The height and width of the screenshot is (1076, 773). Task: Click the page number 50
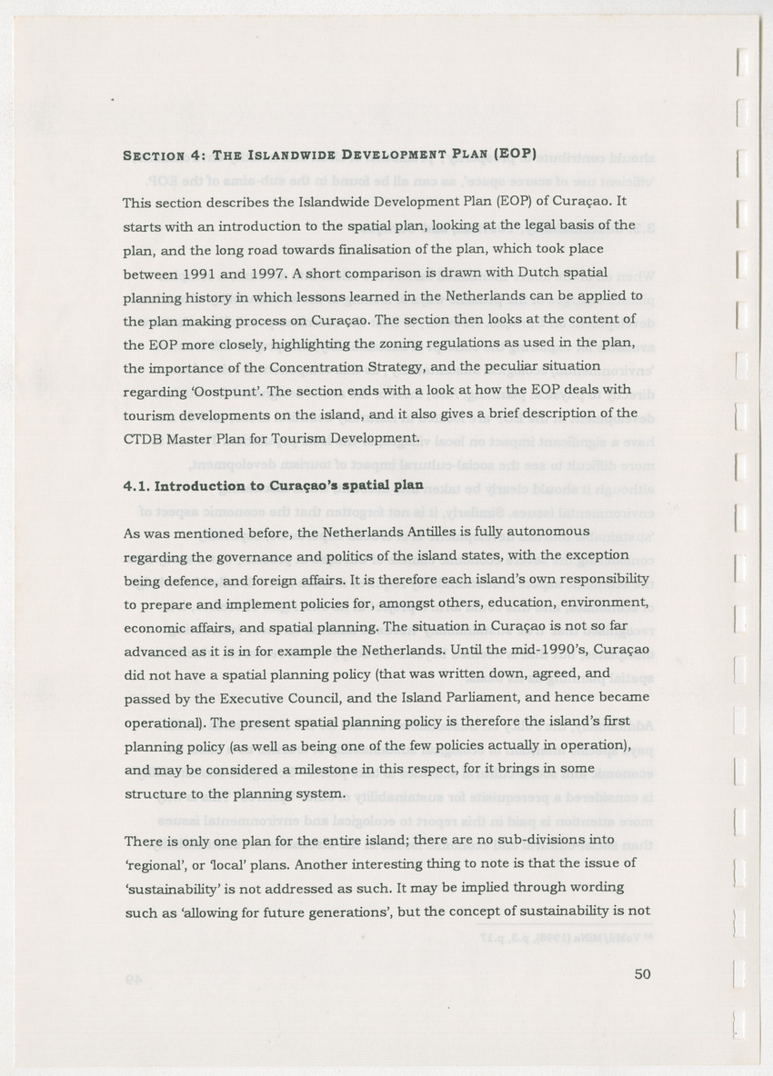point(642,974)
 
